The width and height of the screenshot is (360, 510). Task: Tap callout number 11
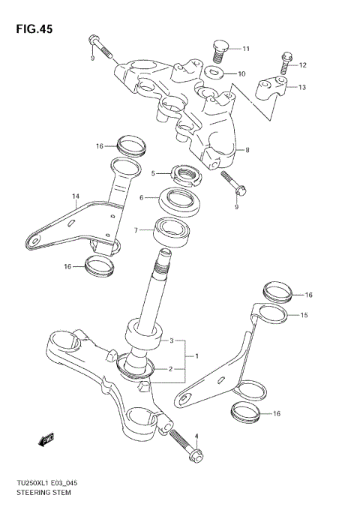pos(247,49)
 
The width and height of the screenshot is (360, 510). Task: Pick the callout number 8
pos(247,150)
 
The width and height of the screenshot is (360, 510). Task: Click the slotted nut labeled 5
pos(187,175)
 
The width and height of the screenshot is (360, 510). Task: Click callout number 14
pos(75,197)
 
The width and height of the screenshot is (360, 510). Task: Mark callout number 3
pos(172,340)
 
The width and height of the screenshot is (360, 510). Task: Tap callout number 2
pos(172,368)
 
